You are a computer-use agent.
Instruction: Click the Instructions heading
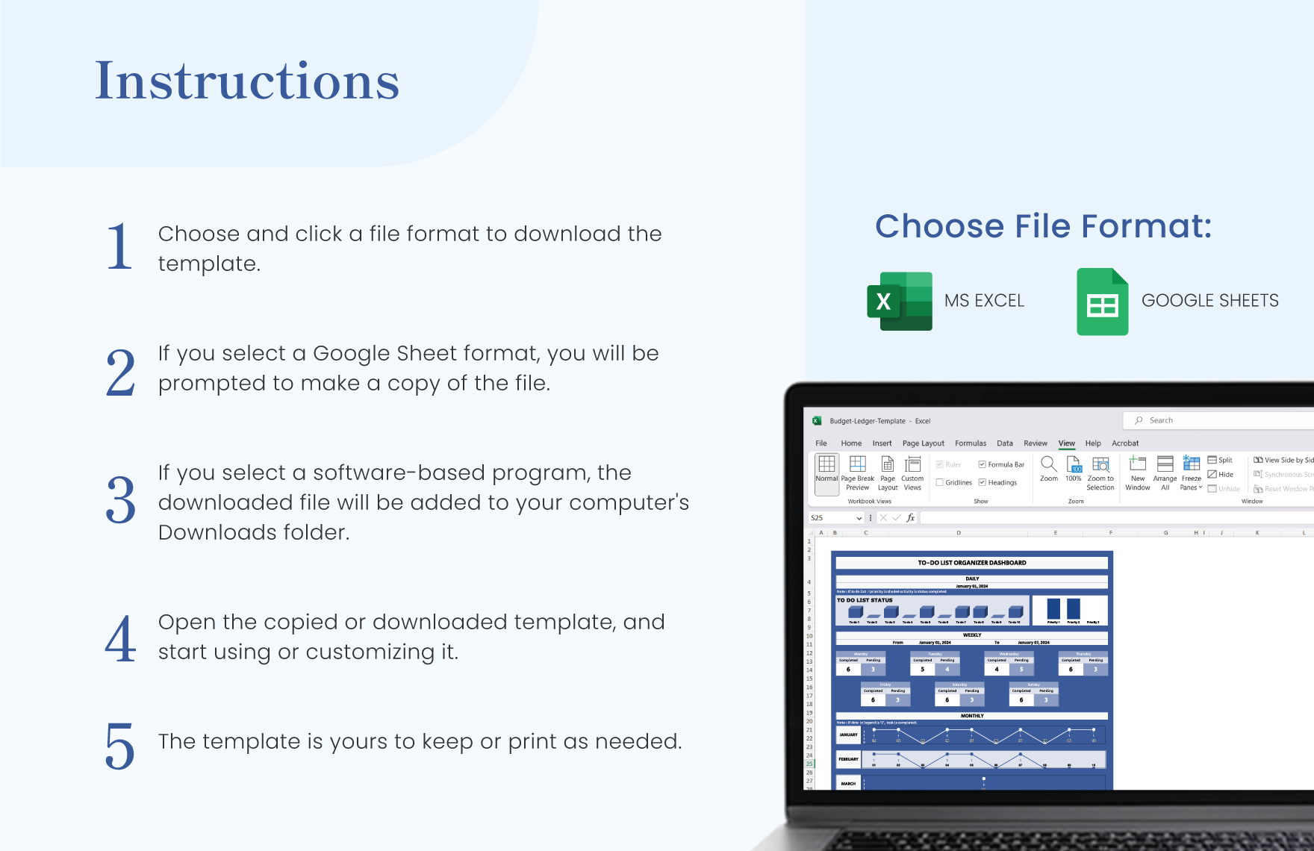(247, 81)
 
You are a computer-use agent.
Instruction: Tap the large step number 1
(119, 247)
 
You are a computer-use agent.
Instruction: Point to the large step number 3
(120, 500)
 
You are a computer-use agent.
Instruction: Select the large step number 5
(119, 746)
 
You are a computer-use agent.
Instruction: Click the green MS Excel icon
(900, 301)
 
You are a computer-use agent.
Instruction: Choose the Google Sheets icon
(1102, 302)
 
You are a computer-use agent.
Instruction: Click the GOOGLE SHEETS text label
(1209, 301)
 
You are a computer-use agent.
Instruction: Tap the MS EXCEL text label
(984, 301)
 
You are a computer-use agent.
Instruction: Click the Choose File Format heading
(1043, 226)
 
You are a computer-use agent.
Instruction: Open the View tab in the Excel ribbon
(1066, 443)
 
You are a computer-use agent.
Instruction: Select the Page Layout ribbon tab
(923, 443)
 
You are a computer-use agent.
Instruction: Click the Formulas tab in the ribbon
(971, 443)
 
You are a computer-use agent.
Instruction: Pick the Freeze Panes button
(1192, 473)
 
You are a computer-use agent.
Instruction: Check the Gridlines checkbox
(940, 482)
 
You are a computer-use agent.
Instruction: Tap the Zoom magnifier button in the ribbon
(1048, 468)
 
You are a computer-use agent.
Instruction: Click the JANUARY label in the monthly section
(848, 735)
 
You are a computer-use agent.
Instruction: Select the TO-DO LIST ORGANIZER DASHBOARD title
(971, 563)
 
